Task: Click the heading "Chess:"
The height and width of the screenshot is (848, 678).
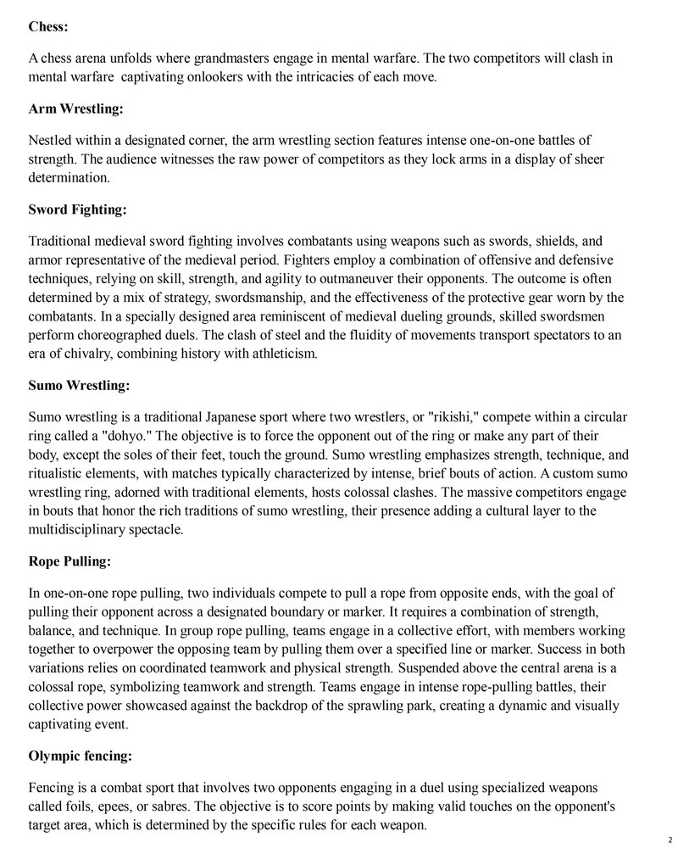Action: tap(48, 26)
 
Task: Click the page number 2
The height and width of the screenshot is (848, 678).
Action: tap(669, 836)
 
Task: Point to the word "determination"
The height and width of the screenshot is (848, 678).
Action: tap(69, 178)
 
